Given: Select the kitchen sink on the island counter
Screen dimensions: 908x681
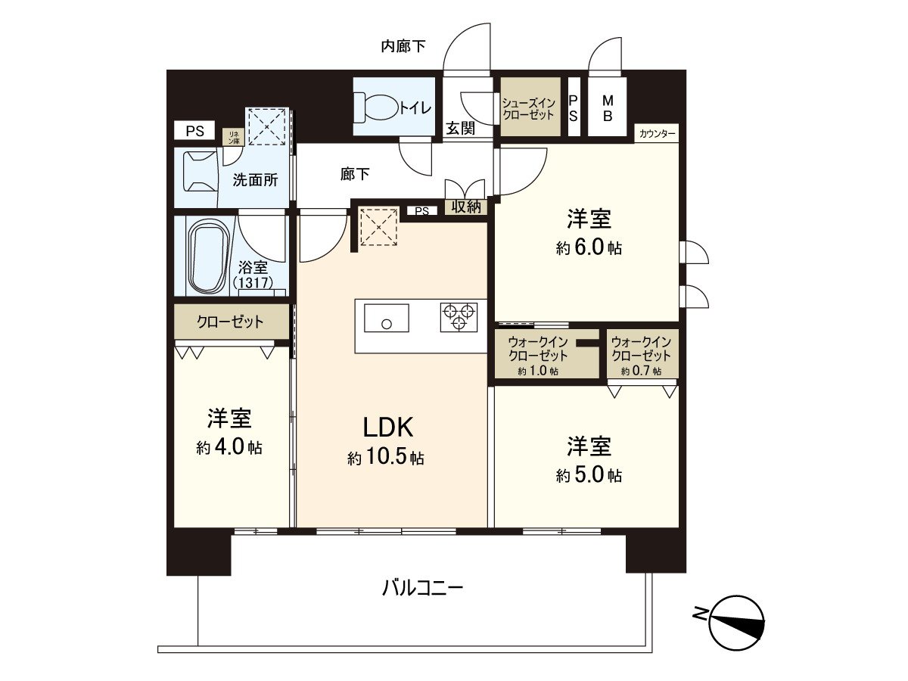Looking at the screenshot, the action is pyautogui.click(x=386, y=318).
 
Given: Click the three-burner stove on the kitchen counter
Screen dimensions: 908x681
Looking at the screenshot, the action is pyautogui.click(x=459, y=317).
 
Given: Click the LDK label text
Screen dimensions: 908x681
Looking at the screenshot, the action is pyautogui.click(x=387, y=427).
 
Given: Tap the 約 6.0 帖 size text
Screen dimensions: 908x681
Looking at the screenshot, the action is pyautogui.click(x=589, y=247).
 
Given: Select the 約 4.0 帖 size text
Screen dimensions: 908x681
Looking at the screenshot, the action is pyautogui.click(x=229, y=447).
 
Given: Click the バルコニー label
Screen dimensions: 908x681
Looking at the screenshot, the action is pyautogui.click(x=422, y=588).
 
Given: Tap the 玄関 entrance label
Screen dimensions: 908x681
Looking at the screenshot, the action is pyautogui.click(x=460, y=128).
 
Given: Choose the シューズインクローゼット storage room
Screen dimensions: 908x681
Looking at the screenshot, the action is pyautogui.click(x=530, y=107).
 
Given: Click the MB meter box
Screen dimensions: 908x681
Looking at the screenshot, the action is pyautogui.click(x=608, y=107).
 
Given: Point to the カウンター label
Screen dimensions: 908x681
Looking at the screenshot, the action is pyautogui.click(x=657, y=134).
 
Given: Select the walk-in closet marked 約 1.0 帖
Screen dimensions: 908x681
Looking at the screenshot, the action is pyautogui.click(x=547, y=353).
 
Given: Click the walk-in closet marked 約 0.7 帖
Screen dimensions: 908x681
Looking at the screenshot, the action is pyautogui.click(x=642, y=353).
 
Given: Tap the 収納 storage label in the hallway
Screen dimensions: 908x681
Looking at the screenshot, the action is pyautogui.click(x=466, y=207).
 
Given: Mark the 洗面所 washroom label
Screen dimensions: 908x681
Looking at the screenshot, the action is pyautogui.click(x=255, y=180).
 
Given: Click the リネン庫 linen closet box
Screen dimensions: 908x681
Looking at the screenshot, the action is pyautogui.click(x=234, y=137).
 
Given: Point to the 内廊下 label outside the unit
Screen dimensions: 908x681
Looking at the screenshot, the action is pyautogui.click(x=403, y=46).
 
